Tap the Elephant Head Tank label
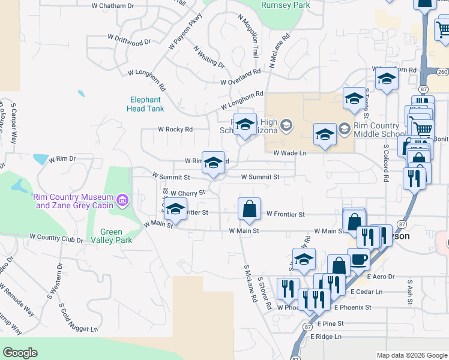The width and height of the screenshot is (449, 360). tap(144, 104)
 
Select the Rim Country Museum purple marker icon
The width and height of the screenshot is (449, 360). tap(122, 199)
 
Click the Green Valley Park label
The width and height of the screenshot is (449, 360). tap(111, 236)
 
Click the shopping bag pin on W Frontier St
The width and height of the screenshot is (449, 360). tap(249, 209)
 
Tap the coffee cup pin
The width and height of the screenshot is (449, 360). tap(358, 259)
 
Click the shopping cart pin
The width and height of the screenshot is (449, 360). tap(423, 127)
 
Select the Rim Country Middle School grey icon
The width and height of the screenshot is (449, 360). tap(344, 128)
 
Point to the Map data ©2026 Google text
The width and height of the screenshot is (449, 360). tap(411, 355)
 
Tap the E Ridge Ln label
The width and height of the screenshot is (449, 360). tap(326, 337)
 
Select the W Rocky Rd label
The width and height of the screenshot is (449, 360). tap(175, 129)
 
